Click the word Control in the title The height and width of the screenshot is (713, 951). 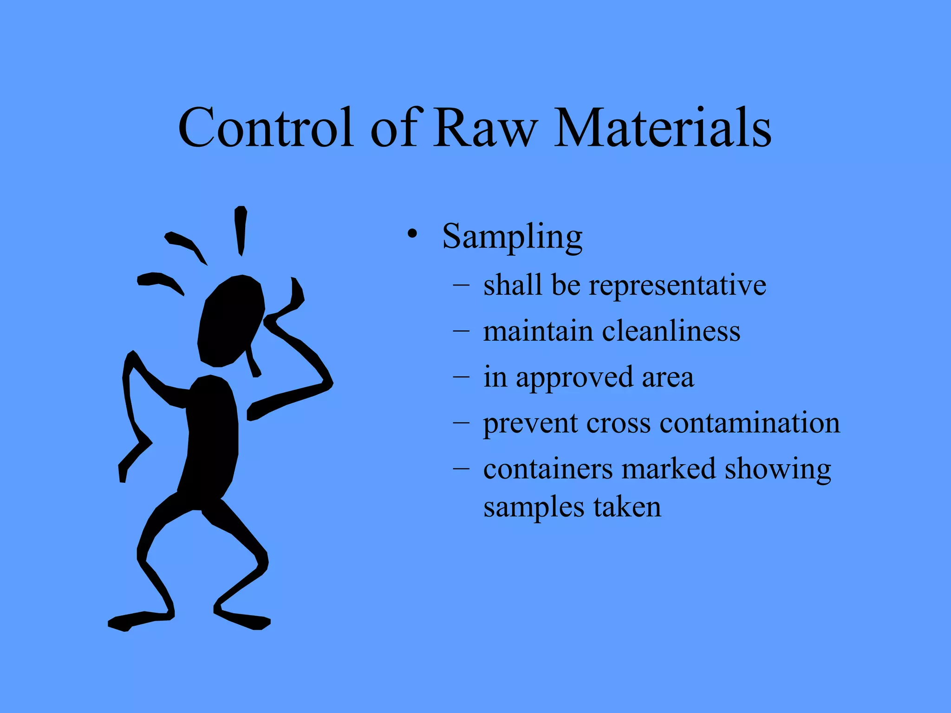click(x=266, y=128)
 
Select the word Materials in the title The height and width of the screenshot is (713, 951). click(x=663, y=128)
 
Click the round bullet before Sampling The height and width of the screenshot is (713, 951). click(x=411, y=234)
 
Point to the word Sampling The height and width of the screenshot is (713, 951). click(x=512, y=237)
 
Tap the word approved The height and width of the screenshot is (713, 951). click(x=574, y=377)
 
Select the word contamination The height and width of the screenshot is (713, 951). click(x=749, y=423)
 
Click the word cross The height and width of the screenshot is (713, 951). click(x=619, y=423)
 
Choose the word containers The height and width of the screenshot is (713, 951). click(x=548, y=469)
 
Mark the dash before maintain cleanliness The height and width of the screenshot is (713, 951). click(x=461, y=331)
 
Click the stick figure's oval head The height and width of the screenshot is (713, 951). click(x=231, y=320)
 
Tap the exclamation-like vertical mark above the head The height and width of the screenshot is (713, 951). click(x=241, y=230)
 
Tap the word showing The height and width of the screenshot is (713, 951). click(x=778, y=469)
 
